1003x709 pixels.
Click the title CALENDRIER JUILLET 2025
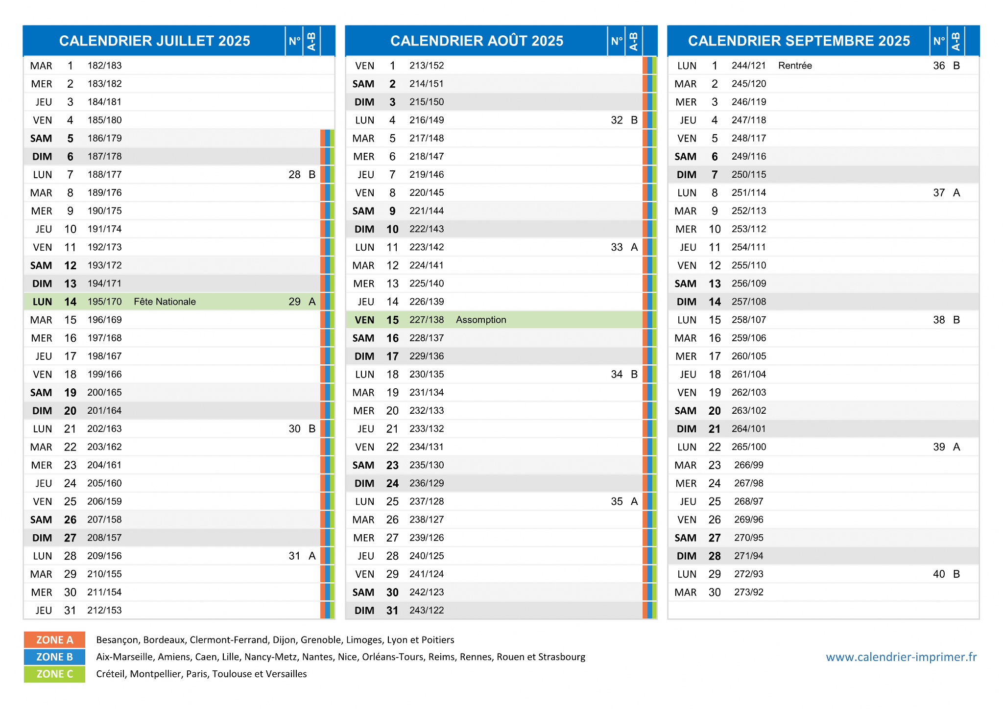[x=154, y=41]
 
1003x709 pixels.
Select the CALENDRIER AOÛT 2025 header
[x=477, y=41]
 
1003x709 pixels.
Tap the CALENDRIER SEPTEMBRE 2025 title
[x=799, y=41]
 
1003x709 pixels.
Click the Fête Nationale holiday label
[x=165, y=302]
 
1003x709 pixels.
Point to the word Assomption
[x=481, y=320]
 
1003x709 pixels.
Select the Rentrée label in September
[x=795, y=66]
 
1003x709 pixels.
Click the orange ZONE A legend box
[x=54, y=640]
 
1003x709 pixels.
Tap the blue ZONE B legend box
[x=54, y=657]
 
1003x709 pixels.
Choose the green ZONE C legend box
[x=54, y=674]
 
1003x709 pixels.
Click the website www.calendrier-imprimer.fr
[x=901, y=657]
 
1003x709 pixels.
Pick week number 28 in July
[x=294, y=175]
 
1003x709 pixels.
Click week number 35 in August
[x=617, y=501]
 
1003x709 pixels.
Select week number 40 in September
[x=939, y=574]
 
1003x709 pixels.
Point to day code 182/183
[x=104, y=66]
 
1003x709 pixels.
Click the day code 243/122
[x=427, y=610]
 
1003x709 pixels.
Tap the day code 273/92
[x=749, y=592]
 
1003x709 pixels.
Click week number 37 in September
[x=939, y=193]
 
